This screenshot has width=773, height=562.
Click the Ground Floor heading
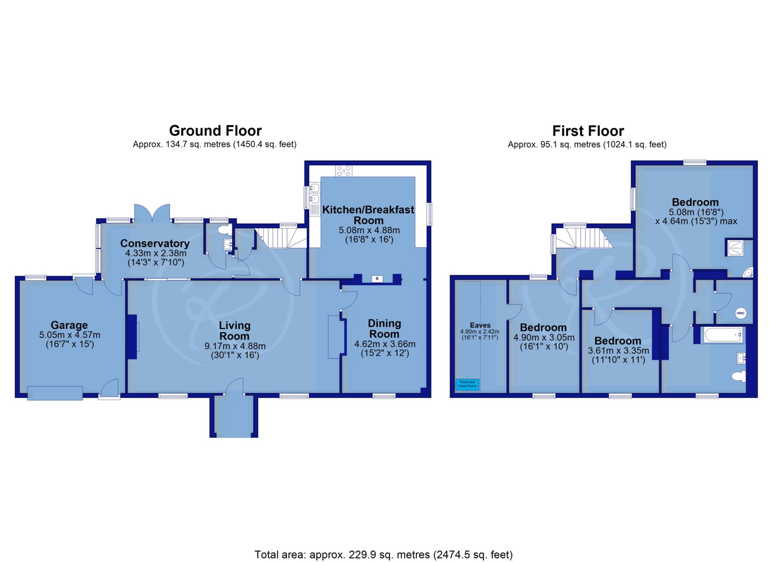[x=215, y=131]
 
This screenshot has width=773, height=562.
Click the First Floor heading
[x=588, y=131]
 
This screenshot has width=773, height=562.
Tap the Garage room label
[x=69, y=325]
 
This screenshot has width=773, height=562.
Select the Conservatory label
[x=155, y=243]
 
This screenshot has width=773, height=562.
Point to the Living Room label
[x=234, y=331]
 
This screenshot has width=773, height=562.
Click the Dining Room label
[x=384, y=328]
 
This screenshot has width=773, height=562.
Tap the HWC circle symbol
[x=741, y=313]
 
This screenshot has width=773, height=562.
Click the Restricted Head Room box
[x=467, y=384]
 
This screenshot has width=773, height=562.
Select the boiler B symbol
[x=377, y=279]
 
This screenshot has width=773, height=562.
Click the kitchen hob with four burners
[x=344, y=171]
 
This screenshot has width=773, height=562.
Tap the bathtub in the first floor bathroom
[x=723, y=334]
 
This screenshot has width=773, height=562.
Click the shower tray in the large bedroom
[x=734, y=248]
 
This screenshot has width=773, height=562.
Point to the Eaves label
[x=480, y=325]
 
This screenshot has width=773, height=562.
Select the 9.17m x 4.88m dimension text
[x=235, y=346]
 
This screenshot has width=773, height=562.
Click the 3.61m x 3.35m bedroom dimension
[x=618, y=351]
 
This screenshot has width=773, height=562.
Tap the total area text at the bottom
[x=383, y=554]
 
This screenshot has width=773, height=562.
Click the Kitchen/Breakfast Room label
[x=368, y=215]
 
